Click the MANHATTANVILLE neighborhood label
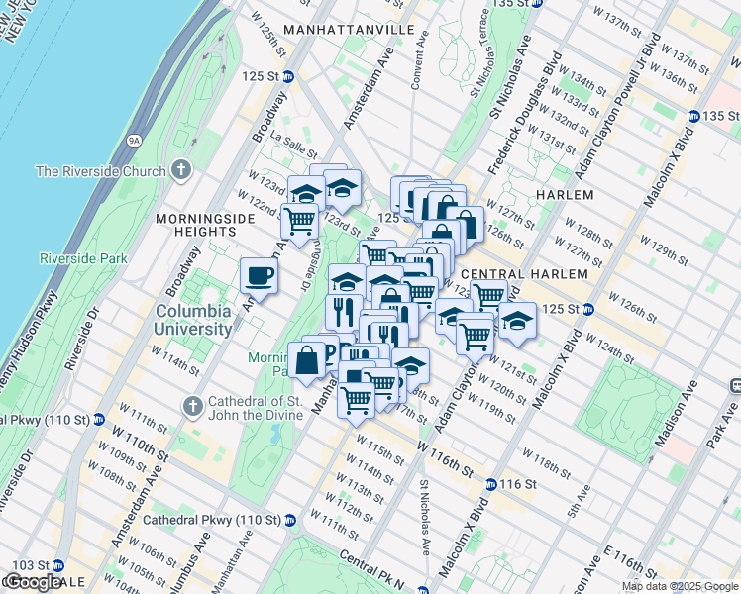348,31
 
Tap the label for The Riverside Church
100,171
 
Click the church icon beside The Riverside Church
179,170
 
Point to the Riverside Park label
84,259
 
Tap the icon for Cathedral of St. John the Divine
194,407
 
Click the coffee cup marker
259,275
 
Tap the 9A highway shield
135,141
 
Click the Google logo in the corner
33,582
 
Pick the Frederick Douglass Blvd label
526,83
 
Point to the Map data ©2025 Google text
680,586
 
